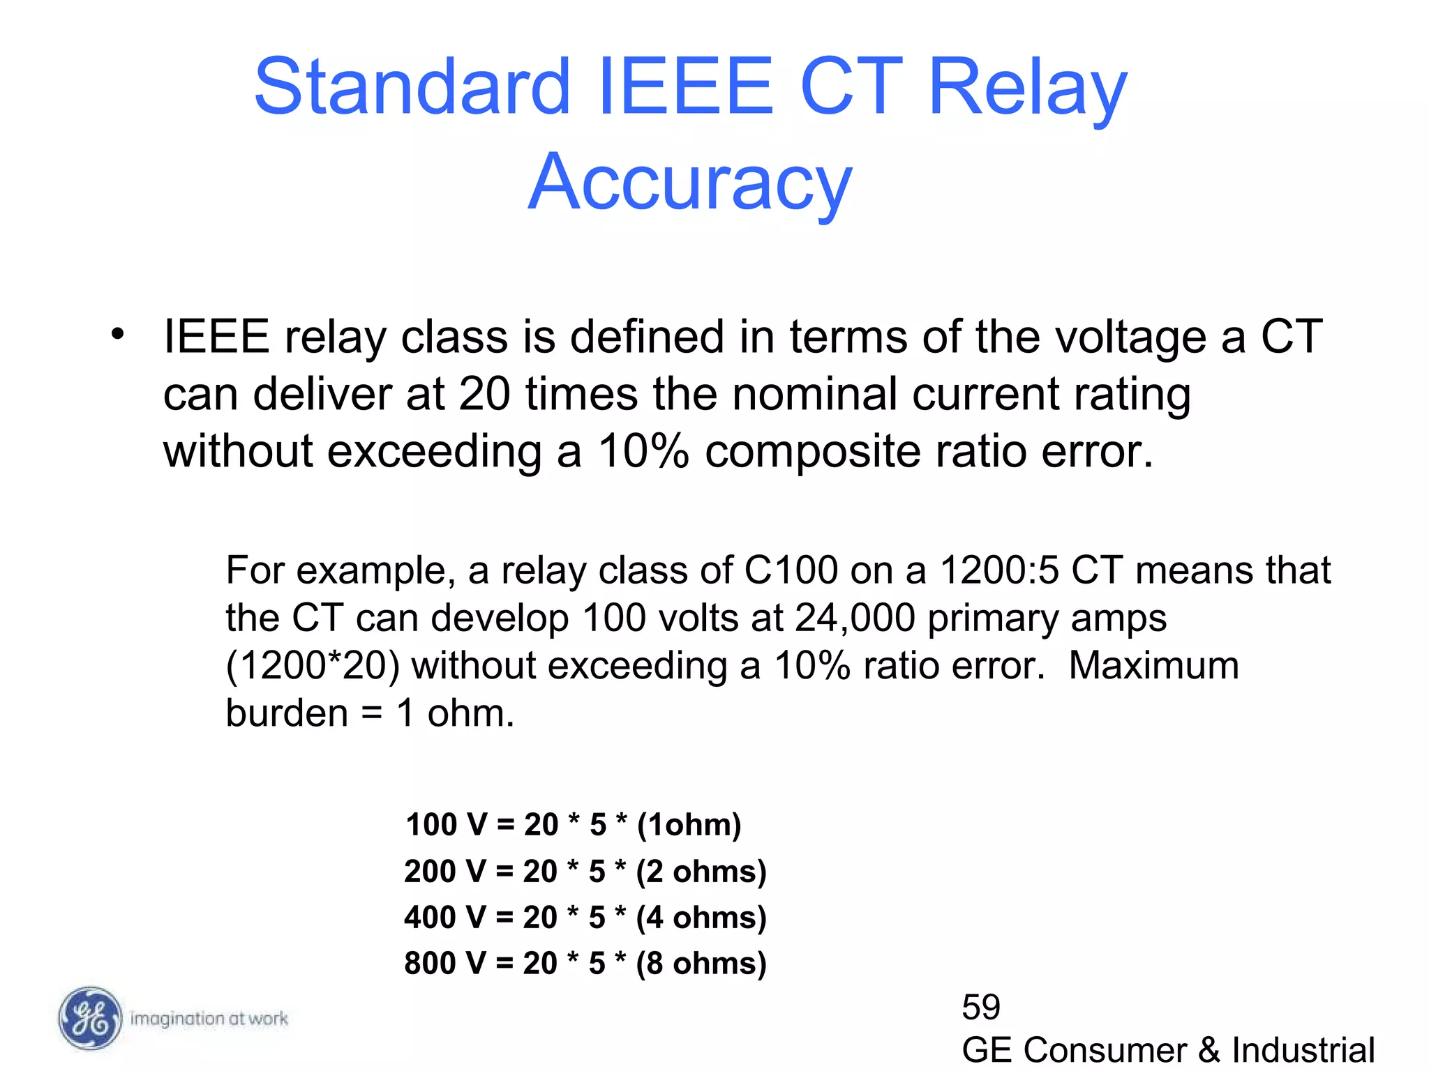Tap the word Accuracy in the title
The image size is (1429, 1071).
pyautogui.click(x=690, y=183)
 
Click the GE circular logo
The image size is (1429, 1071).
pyautogui.click(x=89, y=1018)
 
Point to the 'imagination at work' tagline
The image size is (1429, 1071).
pyautogui.click(x=209, y=1019)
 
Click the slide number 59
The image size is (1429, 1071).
pyautogui.click(x=981, y=1007)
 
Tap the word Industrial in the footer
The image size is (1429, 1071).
pyautogui.click(x=1303, y=1050)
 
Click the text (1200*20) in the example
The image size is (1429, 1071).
pyautogui.click(x=313, y=665)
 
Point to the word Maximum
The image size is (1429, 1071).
pyautogui.click(x=1153, y=665)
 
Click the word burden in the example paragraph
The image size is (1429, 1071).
pyautogui.click(x=287, y=713)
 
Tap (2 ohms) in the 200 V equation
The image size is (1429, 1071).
pyautogui.click(x=701, y=871)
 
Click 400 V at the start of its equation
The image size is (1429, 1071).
pyautogui.click(x=445, y=917)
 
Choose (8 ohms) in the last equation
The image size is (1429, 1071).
pyautogui.click(x=701, y=963)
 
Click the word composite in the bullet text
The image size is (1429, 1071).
pyautogui.click(x=812, y=451)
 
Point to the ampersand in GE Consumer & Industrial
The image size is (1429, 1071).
pyautogui.click(x=1209, y=1050)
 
